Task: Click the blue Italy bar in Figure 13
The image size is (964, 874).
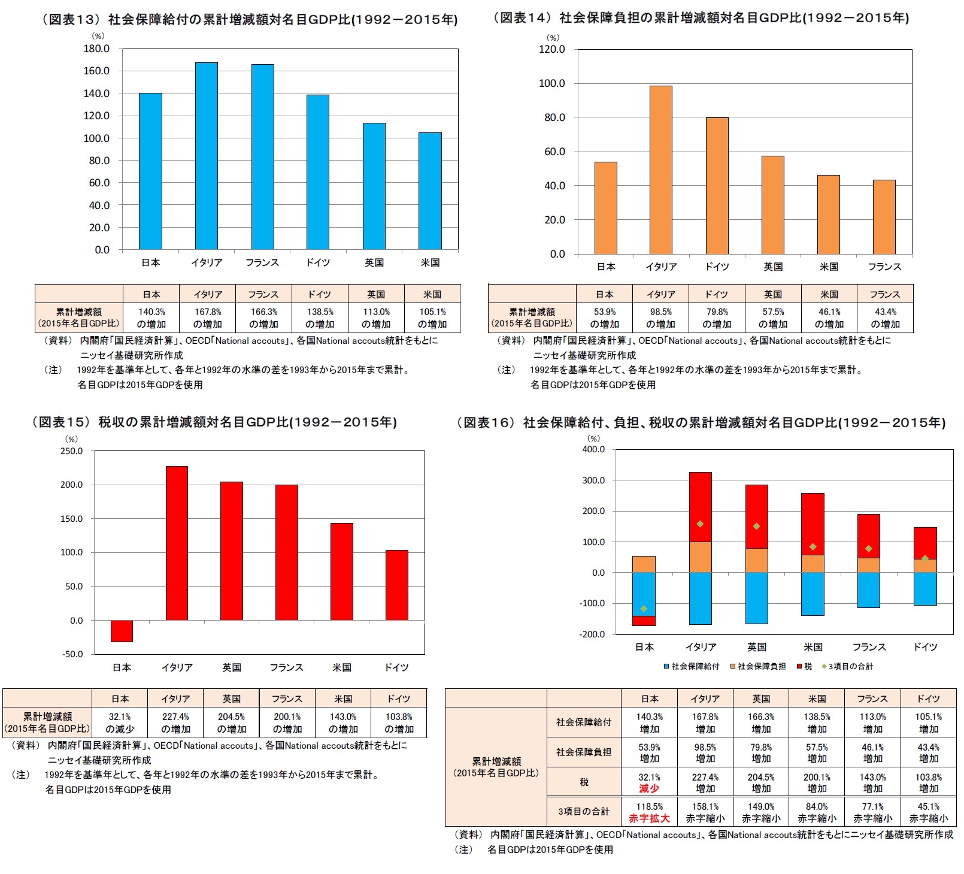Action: (206, 156)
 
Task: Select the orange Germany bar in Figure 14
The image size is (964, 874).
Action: (717, 186)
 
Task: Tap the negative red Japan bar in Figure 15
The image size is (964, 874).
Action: (122, 631)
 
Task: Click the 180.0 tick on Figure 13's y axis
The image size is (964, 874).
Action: (96, 49)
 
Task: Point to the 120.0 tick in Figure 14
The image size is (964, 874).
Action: (551, 49)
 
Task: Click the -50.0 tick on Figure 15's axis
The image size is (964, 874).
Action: (72, 654)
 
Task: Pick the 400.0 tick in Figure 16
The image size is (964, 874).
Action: (593, 449)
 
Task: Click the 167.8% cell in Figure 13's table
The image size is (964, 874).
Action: (208, 317)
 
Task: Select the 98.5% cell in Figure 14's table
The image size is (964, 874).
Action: (660, 317)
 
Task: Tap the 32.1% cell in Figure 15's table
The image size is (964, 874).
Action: (120, 722)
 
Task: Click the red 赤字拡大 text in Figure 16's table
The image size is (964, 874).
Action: (649, 818)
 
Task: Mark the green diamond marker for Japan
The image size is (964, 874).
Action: (644, 609)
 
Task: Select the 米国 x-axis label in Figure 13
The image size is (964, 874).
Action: (430, 262)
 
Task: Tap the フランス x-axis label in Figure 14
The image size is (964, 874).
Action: (884, 267)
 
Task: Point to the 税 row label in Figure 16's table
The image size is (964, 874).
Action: (584, 782)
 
